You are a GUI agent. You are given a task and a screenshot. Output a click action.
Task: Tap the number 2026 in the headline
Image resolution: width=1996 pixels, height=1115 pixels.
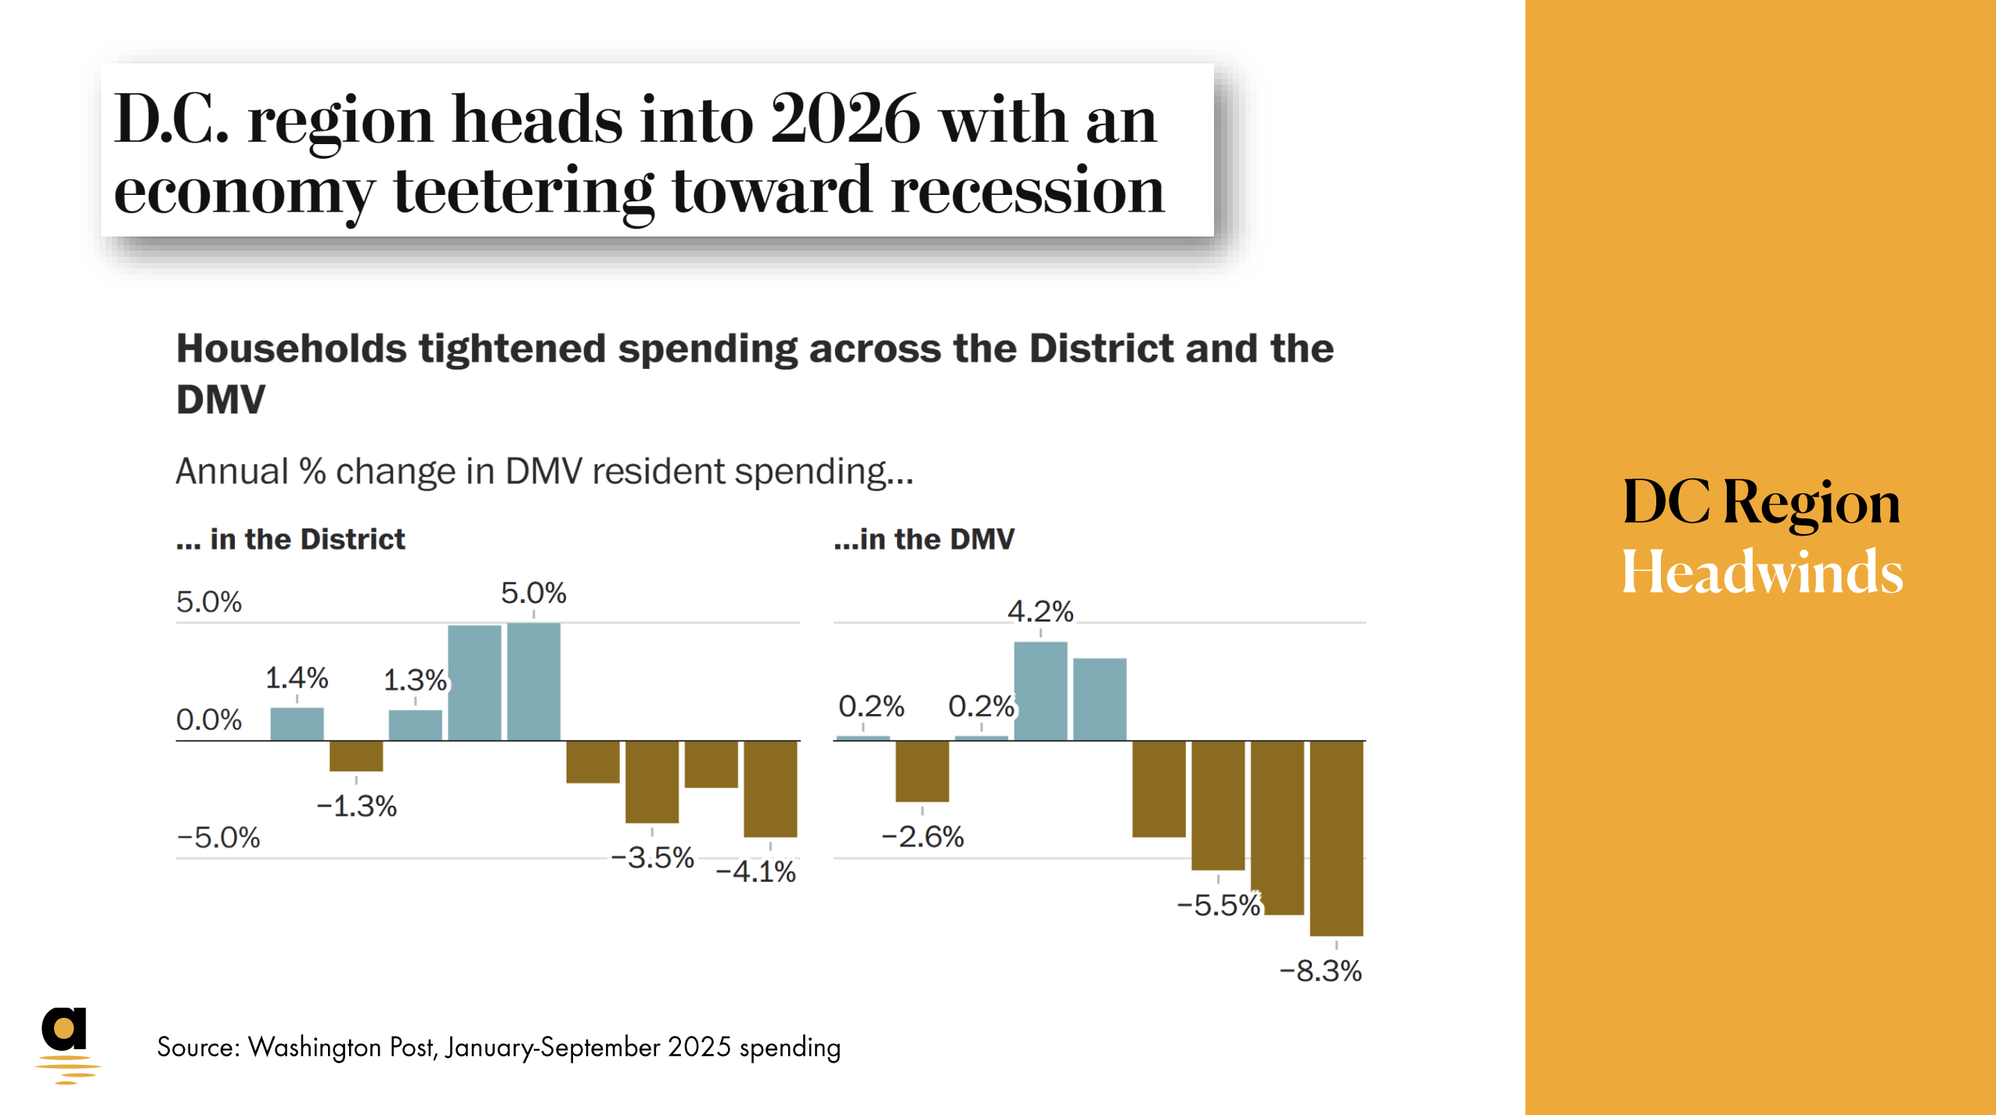tap(845, 119)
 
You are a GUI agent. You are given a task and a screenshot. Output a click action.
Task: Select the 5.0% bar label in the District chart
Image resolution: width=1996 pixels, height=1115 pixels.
tap(533, 593)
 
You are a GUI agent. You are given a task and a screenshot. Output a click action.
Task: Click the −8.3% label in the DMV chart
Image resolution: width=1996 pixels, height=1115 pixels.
tap(1320, 971)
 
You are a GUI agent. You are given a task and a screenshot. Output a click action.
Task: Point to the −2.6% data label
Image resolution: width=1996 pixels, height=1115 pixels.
tap(922, 836)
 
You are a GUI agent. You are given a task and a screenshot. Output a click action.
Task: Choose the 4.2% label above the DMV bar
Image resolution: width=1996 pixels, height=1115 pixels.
tap(1039, 611)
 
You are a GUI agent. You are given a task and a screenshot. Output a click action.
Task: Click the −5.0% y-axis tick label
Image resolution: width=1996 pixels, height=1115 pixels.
tap(218, 837)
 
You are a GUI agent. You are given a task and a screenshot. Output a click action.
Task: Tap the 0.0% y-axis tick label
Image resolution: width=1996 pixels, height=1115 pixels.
tap(208, 719)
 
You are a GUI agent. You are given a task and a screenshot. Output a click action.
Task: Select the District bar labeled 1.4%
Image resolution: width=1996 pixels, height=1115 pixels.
tap(297, 723)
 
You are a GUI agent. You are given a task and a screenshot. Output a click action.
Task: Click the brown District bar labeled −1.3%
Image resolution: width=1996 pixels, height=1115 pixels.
tap(356, 756)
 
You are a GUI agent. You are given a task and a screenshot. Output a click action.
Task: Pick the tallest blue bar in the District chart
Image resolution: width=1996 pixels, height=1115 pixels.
tap(534, 681)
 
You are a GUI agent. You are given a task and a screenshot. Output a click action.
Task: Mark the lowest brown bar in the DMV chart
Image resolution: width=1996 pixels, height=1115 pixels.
tap(1336, 838)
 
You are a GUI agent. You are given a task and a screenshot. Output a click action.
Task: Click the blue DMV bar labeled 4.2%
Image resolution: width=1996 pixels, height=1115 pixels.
tap(1040, 691)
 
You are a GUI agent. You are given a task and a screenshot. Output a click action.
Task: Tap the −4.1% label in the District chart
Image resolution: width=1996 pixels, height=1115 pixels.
tap(755, 871)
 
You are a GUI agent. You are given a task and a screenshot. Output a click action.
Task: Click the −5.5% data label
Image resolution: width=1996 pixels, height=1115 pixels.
tap(1218, 905)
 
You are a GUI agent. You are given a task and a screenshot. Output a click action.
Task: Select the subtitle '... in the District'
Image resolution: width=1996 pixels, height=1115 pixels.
tap(290, 539)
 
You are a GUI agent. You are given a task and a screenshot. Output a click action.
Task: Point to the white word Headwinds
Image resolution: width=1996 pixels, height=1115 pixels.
tap(1761, 572)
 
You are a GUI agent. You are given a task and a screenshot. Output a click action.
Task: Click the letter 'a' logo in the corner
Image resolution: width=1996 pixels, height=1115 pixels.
tap(65, 1030)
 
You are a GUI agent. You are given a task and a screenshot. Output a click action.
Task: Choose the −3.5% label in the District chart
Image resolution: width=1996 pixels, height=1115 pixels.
tap(652, 857)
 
